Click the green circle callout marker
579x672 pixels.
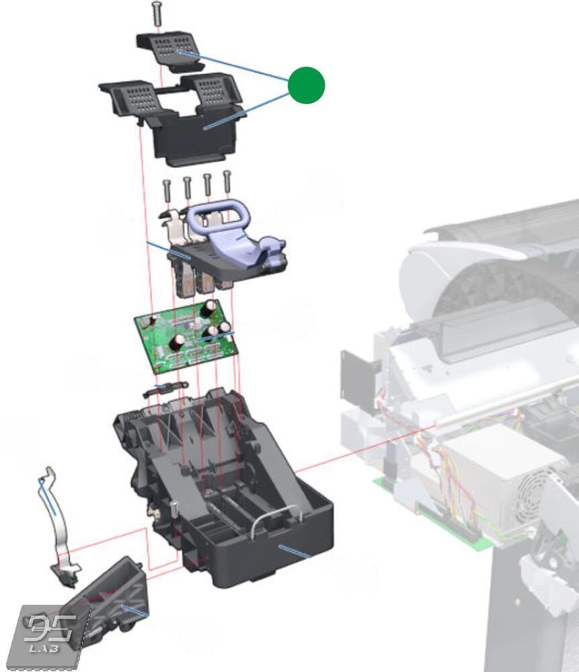pos(306,86)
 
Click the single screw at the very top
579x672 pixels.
pos(157,13)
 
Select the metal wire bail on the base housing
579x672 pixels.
pos(276,521)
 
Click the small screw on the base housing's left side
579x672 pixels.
pos(173,509)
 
